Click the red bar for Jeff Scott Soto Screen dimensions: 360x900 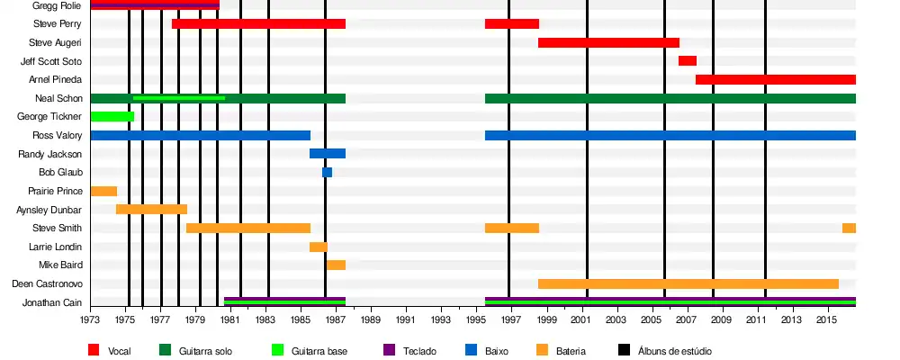point(687,61)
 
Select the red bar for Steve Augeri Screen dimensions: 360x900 point(608,42)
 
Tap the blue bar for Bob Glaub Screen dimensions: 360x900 point(327,173)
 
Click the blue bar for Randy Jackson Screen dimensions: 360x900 point(328,154)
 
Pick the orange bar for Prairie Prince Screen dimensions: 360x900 point(103,191)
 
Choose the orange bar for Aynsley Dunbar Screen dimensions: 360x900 point(151,210)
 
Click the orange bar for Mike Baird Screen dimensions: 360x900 point(336,265)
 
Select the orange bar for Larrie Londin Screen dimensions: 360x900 point(319,247)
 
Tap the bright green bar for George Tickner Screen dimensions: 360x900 point(112,117)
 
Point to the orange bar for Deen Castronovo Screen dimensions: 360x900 point(688,284)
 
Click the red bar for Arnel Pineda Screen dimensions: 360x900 point(775,80)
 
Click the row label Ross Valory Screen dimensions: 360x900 point(58,135)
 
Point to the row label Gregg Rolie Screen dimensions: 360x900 point(57,5)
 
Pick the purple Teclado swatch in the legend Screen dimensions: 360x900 point(390,350)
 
